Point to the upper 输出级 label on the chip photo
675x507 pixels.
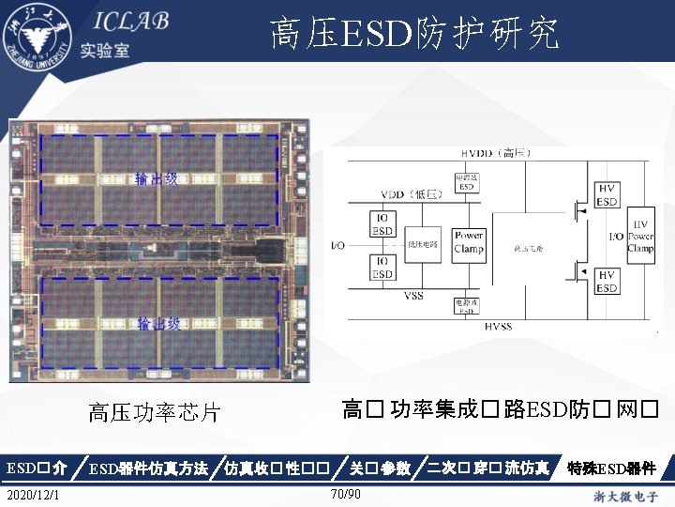coord(157,178)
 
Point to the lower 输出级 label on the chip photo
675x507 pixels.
coord(158,324)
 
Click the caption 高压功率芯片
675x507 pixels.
coord(154,412)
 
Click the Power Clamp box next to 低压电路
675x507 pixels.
coord(468,243)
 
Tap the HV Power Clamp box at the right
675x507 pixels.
coord(641,237)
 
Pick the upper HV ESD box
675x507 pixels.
coord(607,196)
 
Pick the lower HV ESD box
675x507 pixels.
coord(607,281)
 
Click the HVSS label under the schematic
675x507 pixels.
coord(499,326)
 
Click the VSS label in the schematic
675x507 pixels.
coord(413,295)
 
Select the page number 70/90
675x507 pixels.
coord(346,494)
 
